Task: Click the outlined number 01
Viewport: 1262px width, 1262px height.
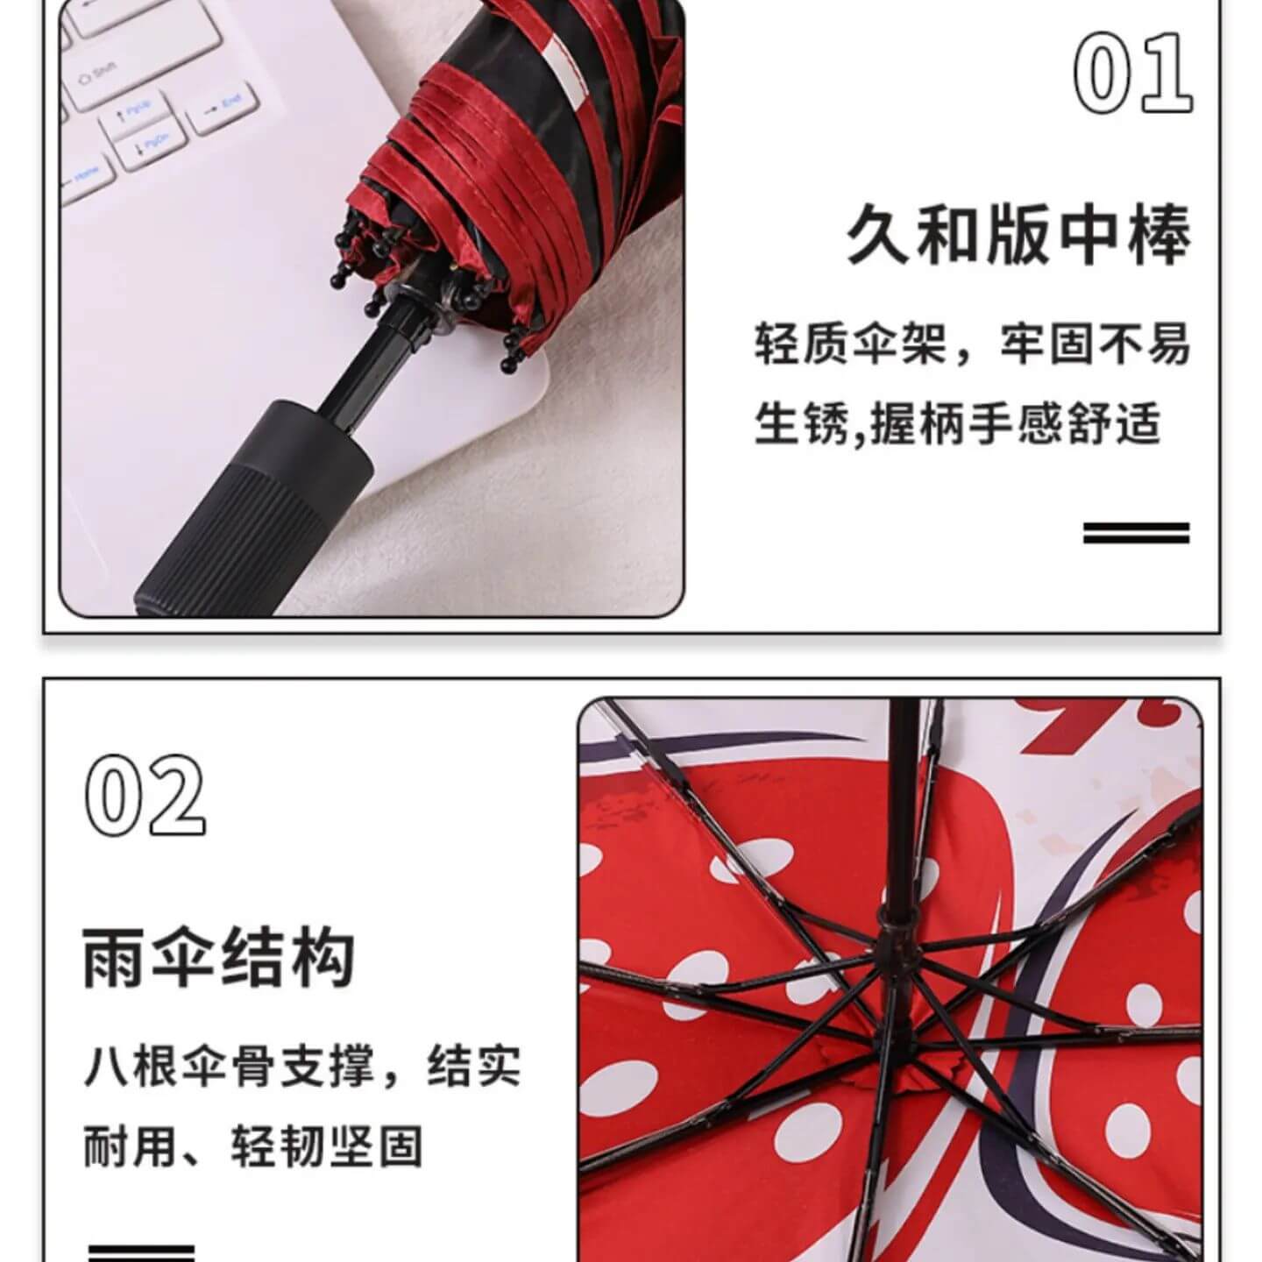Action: (x=1131, y=71)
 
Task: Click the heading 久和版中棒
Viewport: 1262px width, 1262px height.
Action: (x=1017, y=234)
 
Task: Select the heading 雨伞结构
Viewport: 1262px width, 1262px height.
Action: (x=219, y=956)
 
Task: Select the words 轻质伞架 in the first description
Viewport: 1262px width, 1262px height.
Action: (x=851, y=344)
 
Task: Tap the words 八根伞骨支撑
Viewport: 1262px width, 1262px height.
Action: (x=229, y=1067)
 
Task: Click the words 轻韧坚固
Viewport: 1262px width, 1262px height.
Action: (x=327, y=1145)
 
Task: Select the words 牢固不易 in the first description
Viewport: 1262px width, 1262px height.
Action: (x=1095, y=344)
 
